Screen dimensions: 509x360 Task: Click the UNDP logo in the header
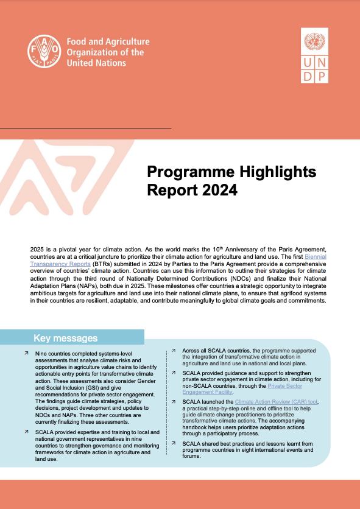[315, 58]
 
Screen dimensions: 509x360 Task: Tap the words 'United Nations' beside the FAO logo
[96, 63]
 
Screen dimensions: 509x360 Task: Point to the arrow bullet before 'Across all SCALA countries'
[174, 351]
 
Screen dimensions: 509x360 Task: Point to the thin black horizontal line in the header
[85, 128]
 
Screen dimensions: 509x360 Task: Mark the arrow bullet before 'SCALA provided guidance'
[174, 373]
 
